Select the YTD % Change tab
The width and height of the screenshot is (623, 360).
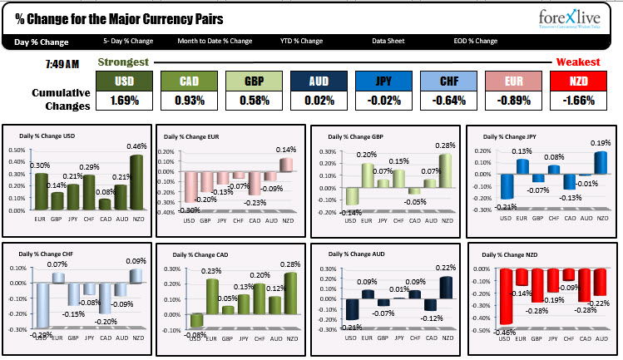(x=300, y=41)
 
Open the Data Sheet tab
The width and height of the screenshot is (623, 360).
(x=389, y=41)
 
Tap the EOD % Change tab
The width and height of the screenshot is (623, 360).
(x=475, y=41)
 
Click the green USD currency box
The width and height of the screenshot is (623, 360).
(x=124, y=81)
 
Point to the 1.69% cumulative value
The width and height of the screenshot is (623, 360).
(x=124, y=101)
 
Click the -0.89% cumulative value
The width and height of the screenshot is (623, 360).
(x=514, y=101)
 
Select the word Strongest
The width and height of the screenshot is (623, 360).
(x=123, y=62)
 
